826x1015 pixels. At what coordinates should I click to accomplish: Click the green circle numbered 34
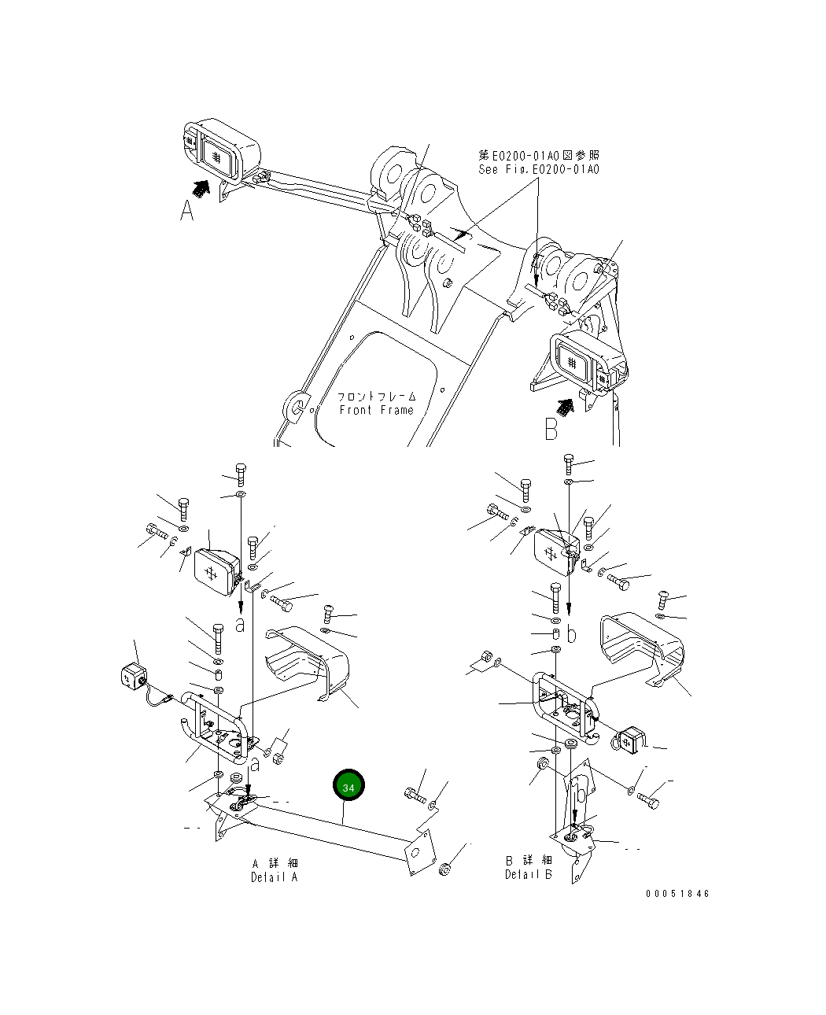(x=348, y=786)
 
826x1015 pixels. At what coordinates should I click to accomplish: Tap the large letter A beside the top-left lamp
(x=186, y=211)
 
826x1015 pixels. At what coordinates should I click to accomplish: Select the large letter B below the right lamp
(x=551, y=429)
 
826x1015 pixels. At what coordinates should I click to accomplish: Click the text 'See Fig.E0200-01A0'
(x=538, y=170)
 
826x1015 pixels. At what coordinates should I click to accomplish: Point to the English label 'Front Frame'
(x=376, y=410)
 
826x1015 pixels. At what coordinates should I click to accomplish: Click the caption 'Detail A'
(x=275, y=877)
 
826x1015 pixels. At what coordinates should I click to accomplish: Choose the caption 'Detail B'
(x=528, y=874)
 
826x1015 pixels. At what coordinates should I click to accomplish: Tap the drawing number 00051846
(x=677, y=894)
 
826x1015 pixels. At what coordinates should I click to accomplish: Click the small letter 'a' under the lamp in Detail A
(x=240, y=625)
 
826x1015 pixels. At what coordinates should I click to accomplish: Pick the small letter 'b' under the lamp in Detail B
(x=572, y=633)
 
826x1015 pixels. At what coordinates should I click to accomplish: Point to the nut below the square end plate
(x=444, y=869)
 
